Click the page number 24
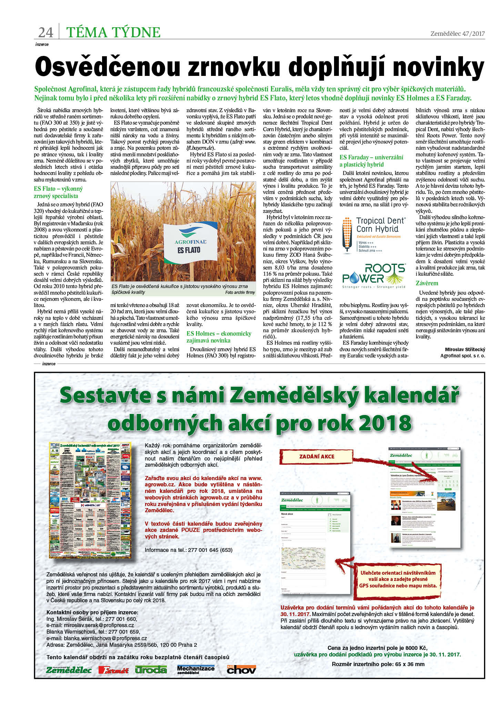click(46, 32)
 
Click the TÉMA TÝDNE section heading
click(113, 32)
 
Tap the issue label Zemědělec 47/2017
click(457, 33)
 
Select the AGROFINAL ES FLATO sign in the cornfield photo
click(190, 242)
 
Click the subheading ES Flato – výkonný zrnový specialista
click(58, 192)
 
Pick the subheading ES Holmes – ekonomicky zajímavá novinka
click(219, 337)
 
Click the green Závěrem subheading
click(427, 283)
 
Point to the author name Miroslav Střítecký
click(465, 349)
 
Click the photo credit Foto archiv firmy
click(240, 292)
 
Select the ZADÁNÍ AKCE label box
click(316, 456)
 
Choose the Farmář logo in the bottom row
click(113, 670)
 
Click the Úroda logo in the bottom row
click(151, 670)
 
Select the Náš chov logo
click(241, 670)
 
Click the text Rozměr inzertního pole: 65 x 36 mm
click(378, 664)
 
